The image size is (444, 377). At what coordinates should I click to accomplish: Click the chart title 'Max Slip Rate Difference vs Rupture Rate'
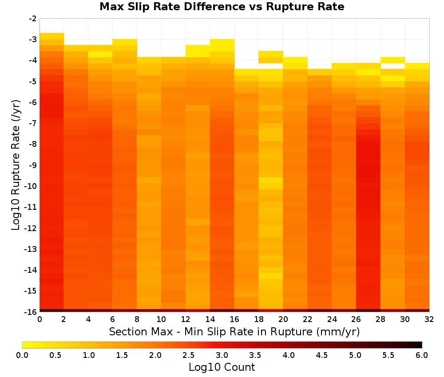[x=222, y=7]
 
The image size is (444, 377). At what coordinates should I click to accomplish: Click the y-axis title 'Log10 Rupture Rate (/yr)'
[x=16, y=165]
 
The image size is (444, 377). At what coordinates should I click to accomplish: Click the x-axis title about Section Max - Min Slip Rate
[x=234, y=332]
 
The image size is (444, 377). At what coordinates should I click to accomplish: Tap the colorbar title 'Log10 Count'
[x=222, y=367]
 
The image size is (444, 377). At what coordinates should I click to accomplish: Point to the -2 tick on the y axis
[x=33, y=19]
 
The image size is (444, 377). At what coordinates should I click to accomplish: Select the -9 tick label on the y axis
[x=33, y=165]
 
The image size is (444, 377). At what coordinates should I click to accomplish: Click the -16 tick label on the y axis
[x=31, y=312]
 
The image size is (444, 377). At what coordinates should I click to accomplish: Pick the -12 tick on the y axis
[x=31, y=228]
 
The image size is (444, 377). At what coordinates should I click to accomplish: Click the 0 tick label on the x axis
[x=40, y=319]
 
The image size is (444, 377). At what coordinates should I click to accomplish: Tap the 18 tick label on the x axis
[x=259, y=319]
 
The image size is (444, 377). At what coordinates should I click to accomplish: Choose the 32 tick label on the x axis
[x=429, y=319]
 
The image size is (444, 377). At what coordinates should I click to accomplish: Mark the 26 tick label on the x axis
[x=356, y=319]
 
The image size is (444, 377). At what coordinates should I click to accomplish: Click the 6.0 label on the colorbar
[x=422, y=355]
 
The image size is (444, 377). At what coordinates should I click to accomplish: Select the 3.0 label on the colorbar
[x=222, y=355]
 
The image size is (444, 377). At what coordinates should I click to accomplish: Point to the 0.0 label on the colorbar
[x=22, y=355]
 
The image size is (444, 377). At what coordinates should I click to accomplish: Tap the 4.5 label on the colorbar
[x=322, y=355]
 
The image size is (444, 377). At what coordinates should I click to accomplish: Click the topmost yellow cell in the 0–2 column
[x=52, y=36]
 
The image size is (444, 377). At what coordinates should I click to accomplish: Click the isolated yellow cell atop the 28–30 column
[x=393, y=60]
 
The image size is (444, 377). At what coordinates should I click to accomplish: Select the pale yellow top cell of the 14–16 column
[x=222, y=45]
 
